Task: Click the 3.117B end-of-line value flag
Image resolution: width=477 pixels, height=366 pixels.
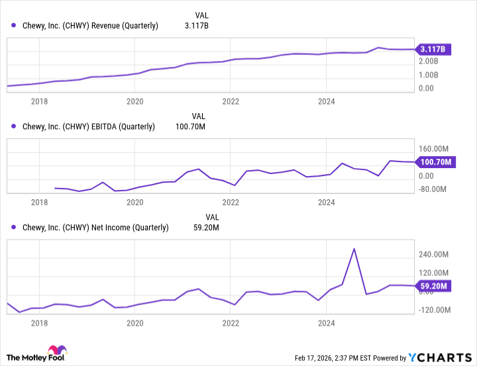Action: pos(433,49)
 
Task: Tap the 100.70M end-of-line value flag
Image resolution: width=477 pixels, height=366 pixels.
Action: pos(433,161)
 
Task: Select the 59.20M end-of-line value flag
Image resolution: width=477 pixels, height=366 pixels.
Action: pos(433,287)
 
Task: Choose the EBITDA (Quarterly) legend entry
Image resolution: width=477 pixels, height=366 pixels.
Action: pos(84,126)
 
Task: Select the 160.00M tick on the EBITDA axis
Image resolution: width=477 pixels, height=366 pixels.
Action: pos(433,149)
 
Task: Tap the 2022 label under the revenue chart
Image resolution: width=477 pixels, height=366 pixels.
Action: pos(231,101)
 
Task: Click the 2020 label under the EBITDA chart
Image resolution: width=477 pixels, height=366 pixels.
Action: pos(135,203)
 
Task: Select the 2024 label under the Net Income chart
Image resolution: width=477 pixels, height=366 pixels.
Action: pos(326,324)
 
